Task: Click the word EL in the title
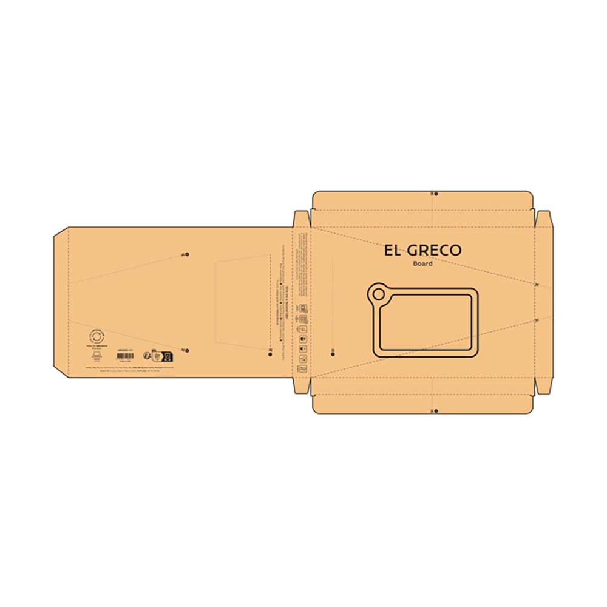coord(393,250)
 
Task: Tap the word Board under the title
coord(422,263)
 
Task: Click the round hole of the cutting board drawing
coord(379,295)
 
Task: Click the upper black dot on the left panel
coord(186,254)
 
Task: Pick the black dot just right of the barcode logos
coord(186,350)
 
